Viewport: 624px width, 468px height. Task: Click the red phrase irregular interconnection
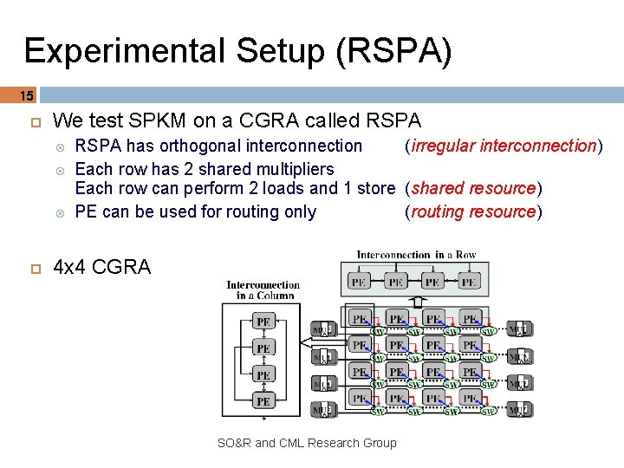click(x=504, y=146)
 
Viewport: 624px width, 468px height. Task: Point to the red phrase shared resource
click(x=475, y=188)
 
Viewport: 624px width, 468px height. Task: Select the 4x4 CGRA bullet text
click(x=102, y=267)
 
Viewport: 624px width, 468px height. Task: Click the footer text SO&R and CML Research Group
click(x=307, y=443)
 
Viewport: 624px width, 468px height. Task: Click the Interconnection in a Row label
click(x=416, y=255)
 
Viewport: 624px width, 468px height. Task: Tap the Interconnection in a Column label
click(x=263, y=289)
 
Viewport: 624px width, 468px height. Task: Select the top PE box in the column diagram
click(x=264, y=322)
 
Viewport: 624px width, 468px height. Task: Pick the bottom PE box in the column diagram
click(x=264, y=400)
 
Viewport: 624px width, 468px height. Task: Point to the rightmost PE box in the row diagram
click(x=469, y=282)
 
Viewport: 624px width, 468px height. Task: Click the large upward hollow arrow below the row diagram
click(x=417, y=302)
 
